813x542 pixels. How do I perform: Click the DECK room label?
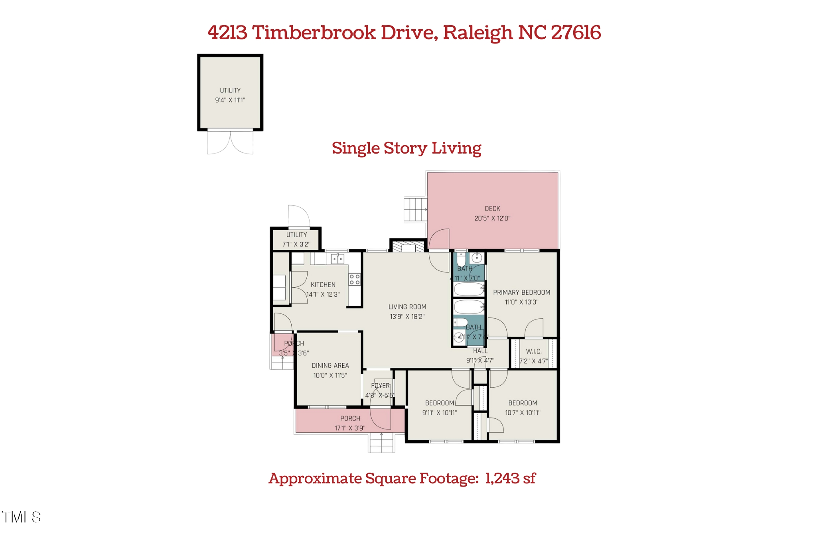tap(492, 209)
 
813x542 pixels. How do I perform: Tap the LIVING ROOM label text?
tap(407, 307)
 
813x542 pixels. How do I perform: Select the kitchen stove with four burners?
tap(354, 279)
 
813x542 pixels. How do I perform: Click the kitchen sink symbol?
tap(337, 259)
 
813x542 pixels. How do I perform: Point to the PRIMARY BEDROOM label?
tap(521, 292)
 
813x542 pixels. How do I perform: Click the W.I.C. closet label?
tap(533, 351)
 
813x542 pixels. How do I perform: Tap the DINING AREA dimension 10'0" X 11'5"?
tap(330, 375)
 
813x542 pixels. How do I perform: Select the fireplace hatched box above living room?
tap(408, 247)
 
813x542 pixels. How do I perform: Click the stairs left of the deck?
tap(415, 209)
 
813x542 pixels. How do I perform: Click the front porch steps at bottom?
tap(382, 443)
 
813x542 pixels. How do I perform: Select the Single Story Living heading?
tap(406, 148)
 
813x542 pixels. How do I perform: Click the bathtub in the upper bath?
tap(468, 289)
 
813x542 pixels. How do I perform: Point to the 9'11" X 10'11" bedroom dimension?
tap(439, 413)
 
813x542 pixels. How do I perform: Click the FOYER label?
tap(380, 386)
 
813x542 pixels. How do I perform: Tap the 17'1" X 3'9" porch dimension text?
tap(350, 428)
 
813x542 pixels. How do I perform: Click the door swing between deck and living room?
tap(439, 251)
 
